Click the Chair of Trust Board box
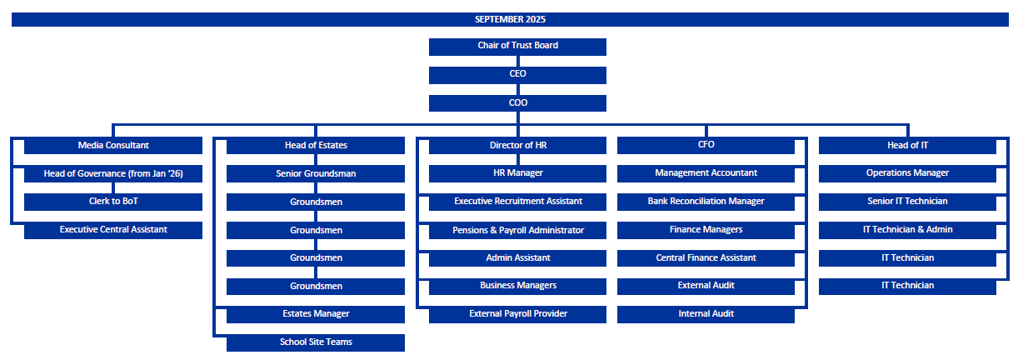517,47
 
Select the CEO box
517,75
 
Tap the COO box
517,103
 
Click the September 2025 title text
510,19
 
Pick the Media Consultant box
113,145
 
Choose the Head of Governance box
113,173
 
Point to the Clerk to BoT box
113,202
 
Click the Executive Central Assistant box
113,230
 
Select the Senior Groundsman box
316,173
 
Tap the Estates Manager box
316,314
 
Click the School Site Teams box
316,342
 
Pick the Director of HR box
517,145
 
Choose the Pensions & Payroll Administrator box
517,230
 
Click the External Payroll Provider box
517,314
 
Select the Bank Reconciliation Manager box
706,202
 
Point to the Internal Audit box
706,314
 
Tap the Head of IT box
907,145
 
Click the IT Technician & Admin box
907,230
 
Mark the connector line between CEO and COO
518,89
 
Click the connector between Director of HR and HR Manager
518,159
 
